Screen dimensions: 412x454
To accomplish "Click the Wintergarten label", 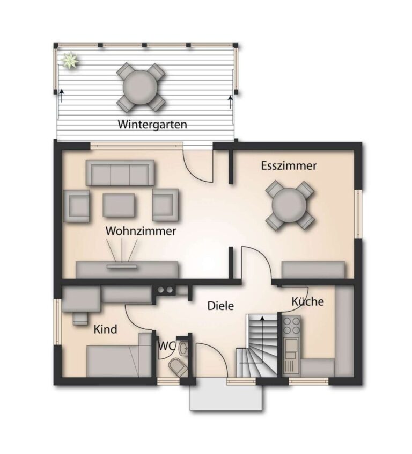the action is (152, 125).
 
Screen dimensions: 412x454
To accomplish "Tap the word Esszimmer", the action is (289, 166).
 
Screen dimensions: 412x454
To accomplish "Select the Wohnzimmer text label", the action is (141, 231).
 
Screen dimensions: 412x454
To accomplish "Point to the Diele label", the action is (220, 306).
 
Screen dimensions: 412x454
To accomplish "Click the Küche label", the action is (307, 301).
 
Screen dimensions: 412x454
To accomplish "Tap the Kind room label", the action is (106, 329).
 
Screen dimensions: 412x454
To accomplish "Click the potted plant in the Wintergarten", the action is (70, 60).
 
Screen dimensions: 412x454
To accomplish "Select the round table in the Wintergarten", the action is (141, 87).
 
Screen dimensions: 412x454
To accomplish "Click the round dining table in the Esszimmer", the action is (289, 205).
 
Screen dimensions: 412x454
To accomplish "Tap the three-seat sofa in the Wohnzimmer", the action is (120, 172).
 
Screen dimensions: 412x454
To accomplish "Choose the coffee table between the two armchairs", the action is (119, 205).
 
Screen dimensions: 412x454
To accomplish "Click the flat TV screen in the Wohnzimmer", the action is (122, 266).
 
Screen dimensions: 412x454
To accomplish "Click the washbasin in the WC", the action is (183, 348).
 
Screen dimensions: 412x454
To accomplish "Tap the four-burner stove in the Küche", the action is (292, 326).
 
